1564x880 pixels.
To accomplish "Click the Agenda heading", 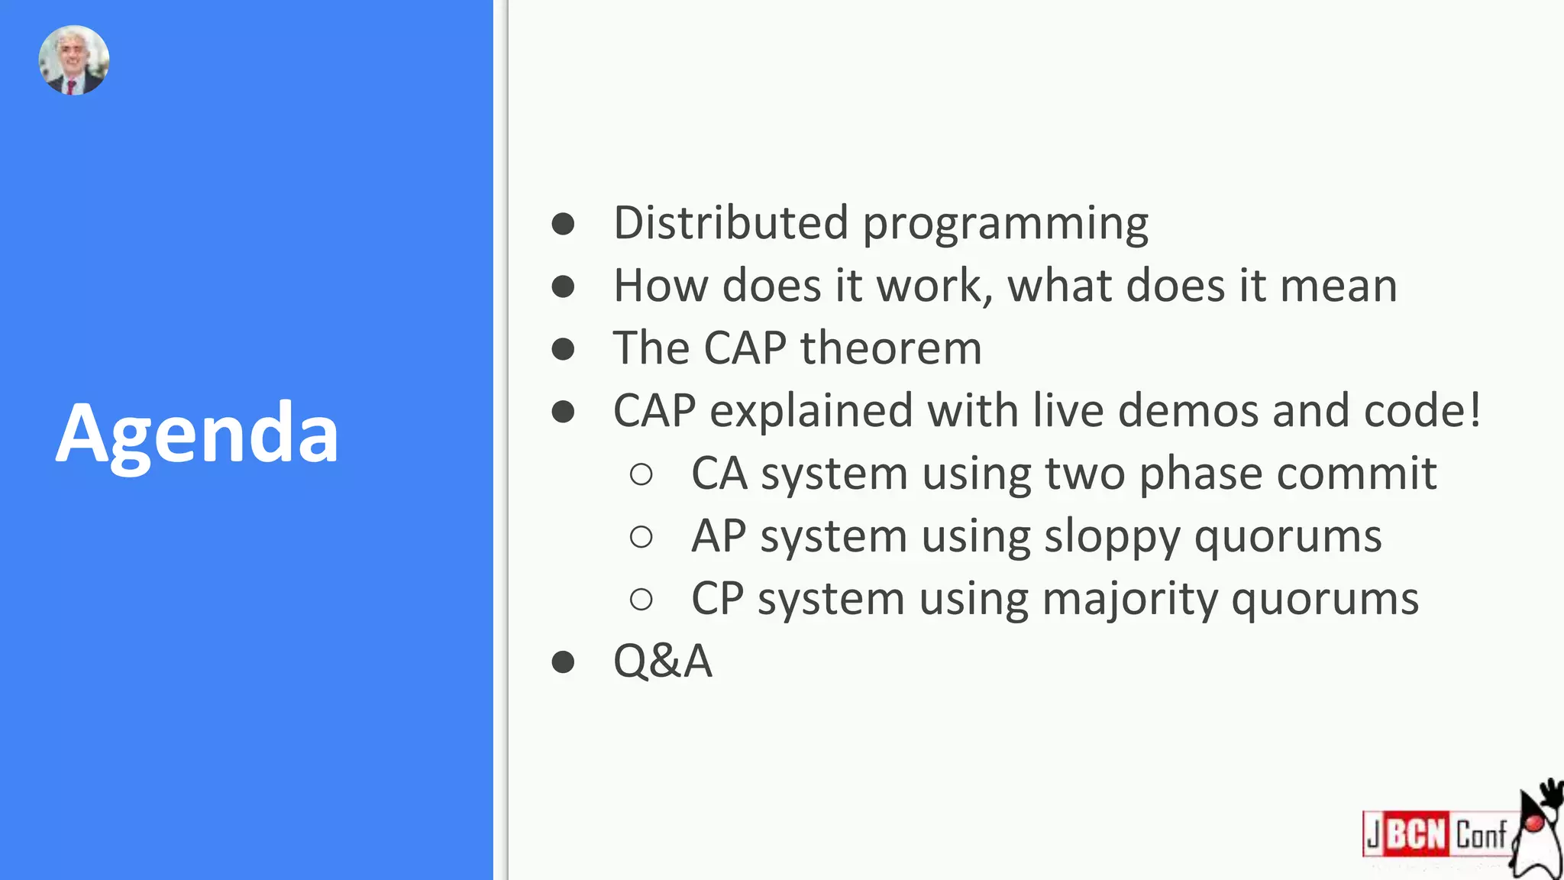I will [x=197, y=434].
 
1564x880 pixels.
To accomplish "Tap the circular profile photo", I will [x=74, y=60].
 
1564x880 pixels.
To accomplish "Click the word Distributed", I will [x=731, y=223].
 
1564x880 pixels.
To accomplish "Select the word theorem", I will [x=890, y=348].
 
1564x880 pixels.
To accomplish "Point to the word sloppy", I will [x=1112, y=538].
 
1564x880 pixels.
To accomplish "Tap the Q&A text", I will [x=662, y=661].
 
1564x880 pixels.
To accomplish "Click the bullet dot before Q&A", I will [x=563, y=662].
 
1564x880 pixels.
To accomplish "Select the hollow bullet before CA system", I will [x=641, y=474].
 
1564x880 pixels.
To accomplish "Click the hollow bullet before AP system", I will [x=641, y=537].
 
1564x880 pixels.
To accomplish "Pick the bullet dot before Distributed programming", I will [x=563, y=224].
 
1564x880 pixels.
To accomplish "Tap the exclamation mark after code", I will [x=1474, y=410].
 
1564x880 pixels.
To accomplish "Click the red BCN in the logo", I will [x=1416, y=833].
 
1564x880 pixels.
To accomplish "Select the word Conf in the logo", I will [x=1481, y=834].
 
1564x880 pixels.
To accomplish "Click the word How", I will [x=661, y=286].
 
